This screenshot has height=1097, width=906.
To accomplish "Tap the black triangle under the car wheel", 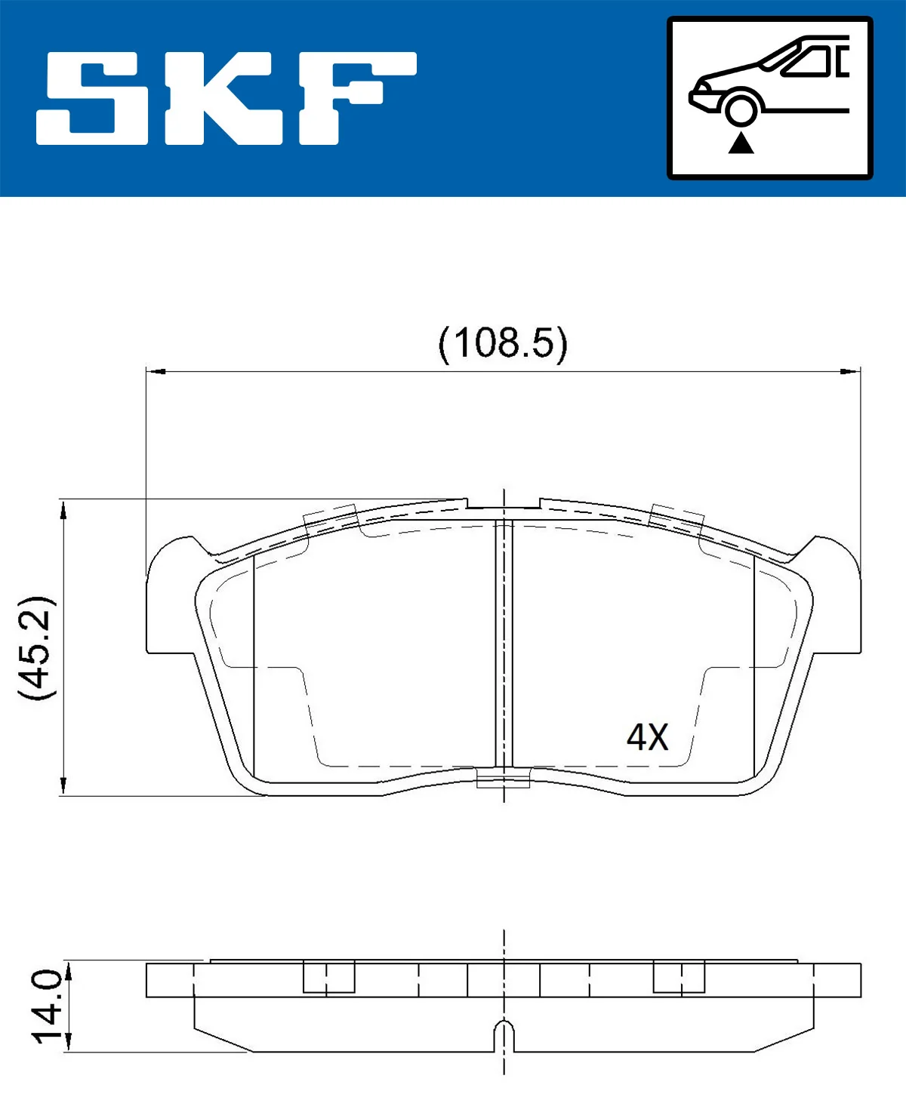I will click(741, 143).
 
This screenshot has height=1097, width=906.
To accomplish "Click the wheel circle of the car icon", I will click(741, 109).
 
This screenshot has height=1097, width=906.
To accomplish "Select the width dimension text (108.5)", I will click(503, 343).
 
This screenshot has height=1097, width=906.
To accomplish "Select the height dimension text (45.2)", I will click(36, 647).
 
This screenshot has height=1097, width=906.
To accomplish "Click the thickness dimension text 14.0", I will click(47, 1006).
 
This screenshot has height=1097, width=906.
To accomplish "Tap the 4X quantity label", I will click(647, 737).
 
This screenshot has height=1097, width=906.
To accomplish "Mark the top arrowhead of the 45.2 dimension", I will click(64, 509).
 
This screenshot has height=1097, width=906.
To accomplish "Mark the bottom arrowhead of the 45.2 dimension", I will click(64, 785).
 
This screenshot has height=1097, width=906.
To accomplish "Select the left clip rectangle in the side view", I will click(328, 977).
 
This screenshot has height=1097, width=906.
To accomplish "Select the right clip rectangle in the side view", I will click(678, 977).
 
